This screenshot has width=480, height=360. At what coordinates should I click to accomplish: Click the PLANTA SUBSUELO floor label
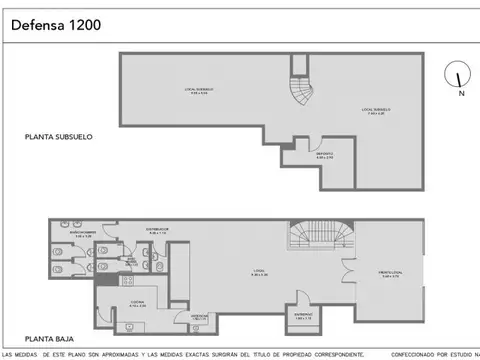pyautogui.click(x=59, y=136)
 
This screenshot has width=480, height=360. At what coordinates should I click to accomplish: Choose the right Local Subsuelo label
pyautogui.click(x=375, y=111)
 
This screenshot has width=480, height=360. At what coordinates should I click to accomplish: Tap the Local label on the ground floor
pyautogui.click(x=256, y=271)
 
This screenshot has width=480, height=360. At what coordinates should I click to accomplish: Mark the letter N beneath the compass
pyautogui.click(x=460, y=95)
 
